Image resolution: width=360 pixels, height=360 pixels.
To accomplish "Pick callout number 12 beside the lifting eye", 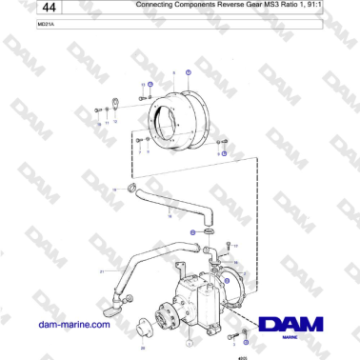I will (115, 122).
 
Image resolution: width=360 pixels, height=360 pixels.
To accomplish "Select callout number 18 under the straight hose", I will (170, 216).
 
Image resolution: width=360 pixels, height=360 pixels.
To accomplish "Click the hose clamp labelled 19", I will (132, 188).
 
